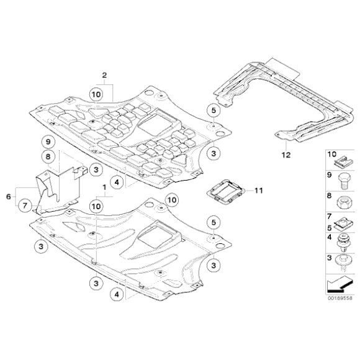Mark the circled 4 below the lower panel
[x=116, y=295]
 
